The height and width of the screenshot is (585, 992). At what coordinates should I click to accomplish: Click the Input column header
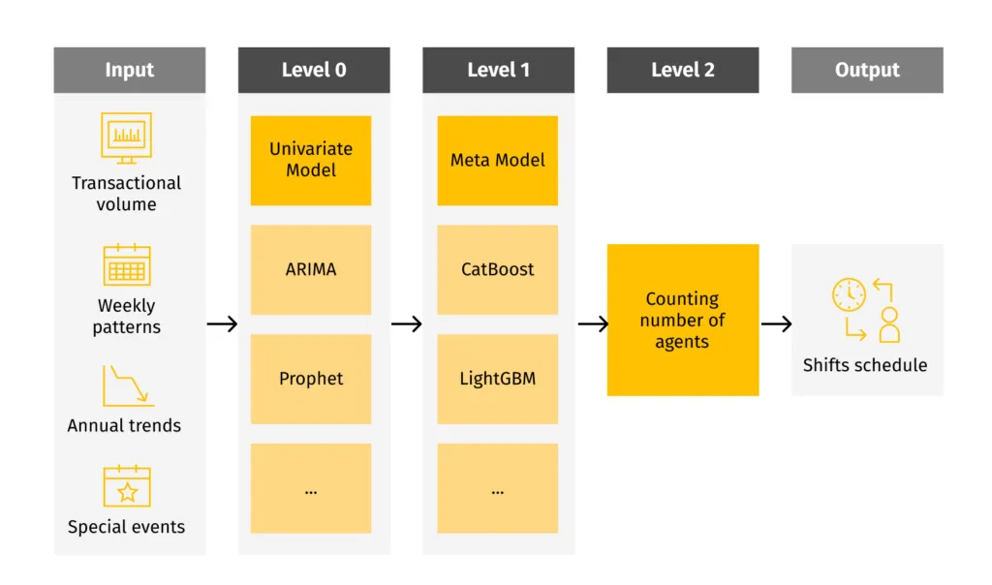click(129, 70)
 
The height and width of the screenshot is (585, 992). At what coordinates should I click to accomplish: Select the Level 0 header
click(314, 70)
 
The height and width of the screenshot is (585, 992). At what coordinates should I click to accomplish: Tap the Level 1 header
click(498, 70)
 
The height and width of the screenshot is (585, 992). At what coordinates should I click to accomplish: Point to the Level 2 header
click(682, 70)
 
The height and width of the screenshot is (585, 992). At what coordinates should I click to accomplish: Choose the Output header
click(867, 70)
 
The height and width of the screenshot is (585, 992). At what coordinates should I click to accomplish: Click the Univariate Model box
click(311, 160)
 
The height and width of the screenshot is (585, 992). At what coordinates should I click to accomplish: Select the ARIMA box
click(311, 269)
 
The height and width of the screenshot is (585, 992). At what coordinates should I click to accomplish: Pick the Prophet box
click(311, 379)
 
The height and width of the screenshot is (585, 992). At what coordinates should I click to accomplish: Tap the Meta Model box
click(497, 160)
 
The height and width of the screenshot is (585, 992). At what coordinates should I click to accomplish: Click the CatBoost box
click(497, 269)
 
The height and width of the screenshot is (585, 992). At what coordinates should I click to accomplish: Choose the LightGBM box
click(497, 379)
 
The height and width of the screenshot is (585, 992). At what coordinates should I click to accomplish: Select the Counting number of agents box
click(682, 320)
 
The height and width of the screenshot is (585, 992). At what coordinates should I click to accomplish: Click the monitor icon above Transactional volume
click(127, 137)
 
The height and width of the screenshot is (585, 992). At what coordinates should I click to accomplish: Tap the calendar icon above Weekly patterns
click(127, 264)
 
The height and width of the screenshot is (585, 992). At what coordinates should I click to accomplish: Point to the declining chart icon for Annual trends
click(127, 385)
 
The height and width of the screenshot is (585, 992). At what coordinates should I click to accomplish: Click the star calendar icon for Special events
click(127, 487)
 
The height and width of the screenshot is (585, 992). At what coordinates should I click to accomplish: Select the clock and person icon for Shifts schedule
click(866, 310)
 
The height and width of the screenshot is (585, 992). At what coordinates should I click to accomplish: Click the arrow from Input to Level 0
click(222, 323)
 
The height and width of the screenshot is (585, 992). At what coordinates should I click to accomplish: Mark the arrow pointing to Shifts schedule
click(776, 323)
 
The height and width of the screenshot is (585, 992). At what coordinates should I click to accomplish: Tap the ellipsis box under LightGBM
click(497, 488)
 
